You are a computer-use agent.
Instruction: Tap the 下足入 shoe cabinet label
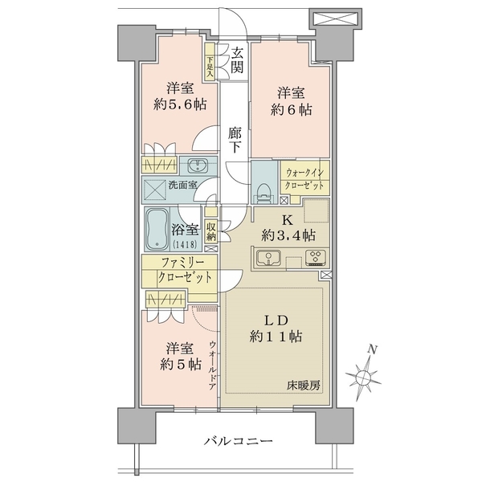[x=210, y=67]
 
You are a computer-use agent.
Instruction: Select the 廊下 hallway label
[x=235, y=140]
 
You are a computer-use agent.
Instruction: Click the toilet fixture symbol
[x=264, y=193]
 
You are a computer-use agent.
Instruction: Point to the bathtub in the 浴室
[x=157, y=229]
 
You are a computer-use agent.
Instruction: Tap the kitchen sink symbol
[x=269, y=257]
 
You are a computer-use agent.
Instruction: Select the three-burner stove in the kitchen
[x=316, y=257]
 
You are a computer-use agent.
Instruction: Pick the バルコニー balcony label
[x=239, y=442]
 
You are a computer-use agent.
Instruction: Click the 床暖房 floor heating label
[x=304, y=385]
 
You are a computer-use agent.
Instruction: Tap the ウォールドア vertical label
[x=212, y=366]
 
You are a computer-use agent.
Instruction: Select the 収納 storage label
[x=210, y=231]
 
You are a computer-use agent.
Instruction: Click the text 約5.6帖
[x=180, y=105]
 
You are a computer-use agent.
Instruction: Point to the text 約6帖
[x=291, y=110]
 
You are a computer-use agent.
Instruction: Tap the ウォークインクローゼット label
[x=304, y=179]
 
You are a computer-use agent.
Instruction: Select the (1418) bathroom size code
[x=185, y=244]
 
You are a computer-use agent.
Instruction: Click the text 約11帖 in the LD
[x=276, y=337]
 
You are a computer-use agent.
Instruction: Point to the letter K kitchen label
[x=287, y=220]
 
